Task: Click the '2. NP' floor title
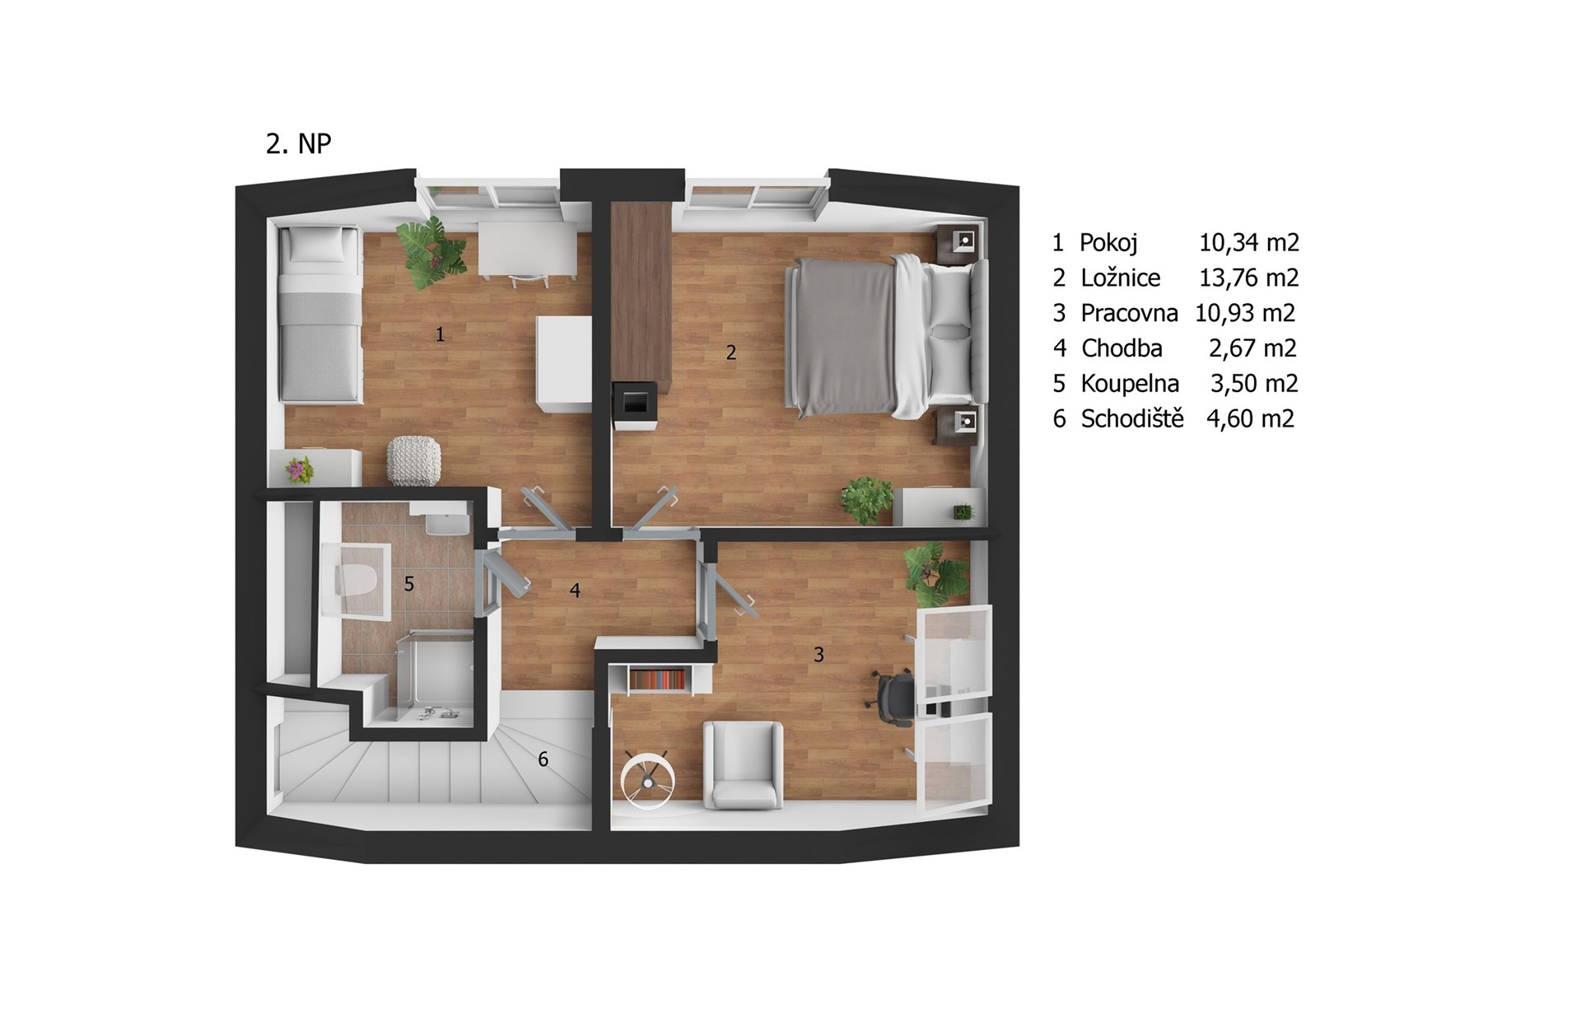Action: (298, 144)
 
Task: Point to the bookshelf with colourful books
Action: (657, 680)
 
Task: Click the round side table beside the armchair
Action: (647, 778)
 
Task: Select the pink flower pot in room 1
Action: (300, 470)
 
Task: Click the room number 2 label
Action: (730, 353)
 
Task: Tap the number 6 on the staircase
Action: (543, 759)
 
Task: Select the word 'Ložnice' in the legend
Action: (1121, 278)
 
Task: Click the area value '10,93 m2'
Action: (1245, 313)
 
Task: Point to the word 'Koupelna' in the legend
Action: (1130, 383)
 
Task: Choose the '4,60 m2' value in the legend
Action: (1250, 418)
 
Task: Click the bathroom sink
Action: (445, 522)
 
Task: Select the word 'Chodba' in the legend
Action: (1122, 348)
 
